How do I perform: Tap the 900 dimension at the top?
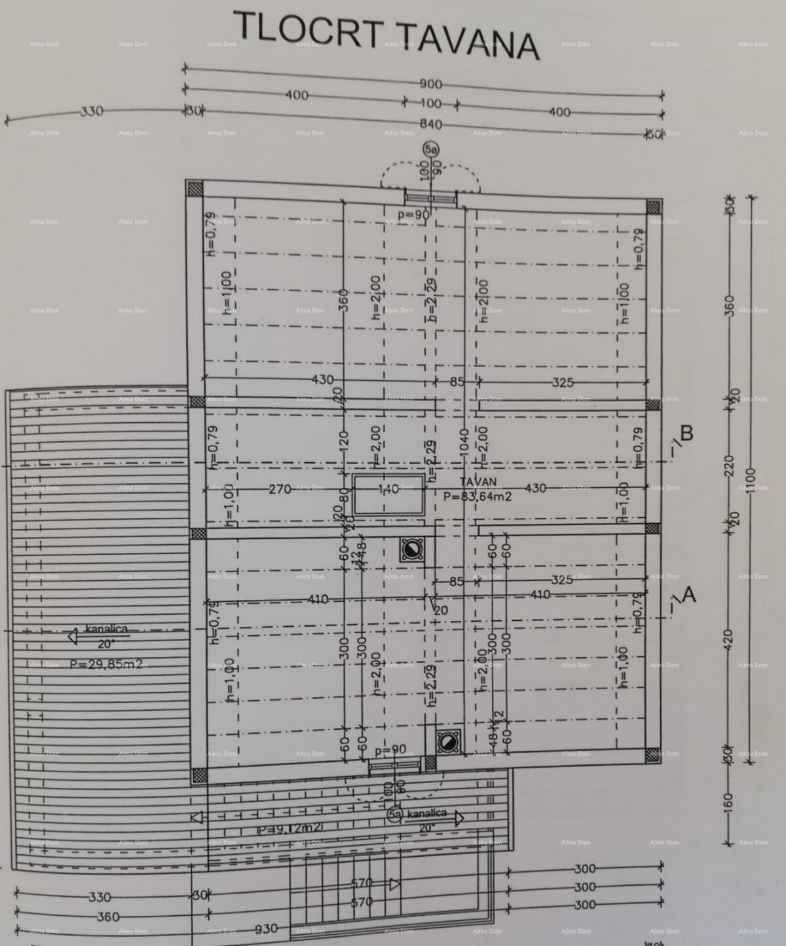(431, 85)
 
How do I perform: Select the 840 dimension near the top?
(430, 125)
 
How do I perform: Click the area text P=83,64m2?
(477, 496)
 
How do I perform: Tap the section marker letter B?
(687, 433)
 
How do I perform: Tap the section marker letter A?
(688, 595)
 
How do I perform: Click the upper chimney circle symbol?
(412, 549)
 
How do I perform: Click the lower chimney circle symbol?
(448, 741)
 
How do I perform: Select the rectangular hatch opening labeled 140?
(389, 495)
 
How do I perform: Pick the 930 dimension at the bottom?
(267, 928)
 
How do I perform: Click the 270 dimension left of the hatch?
(280, 488)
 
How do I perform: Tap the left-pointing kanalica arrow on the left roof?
(74, 635)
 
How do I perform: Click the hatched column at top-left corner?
(195, 189)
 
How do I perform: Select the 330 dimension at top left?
(92, 111)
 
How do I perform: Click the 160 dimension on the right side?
(730, 801)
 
